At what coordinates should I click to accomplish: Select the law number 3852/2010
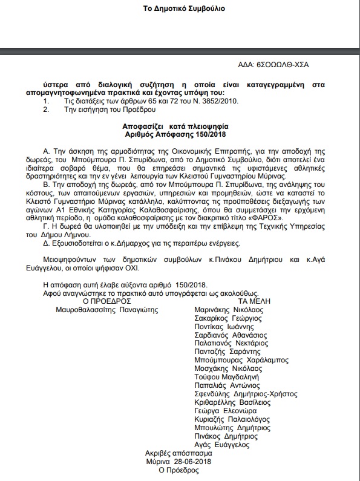[x=186, y=100]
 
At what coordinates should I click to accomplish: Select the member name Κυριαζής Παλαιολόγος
[x=233, y=419]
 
